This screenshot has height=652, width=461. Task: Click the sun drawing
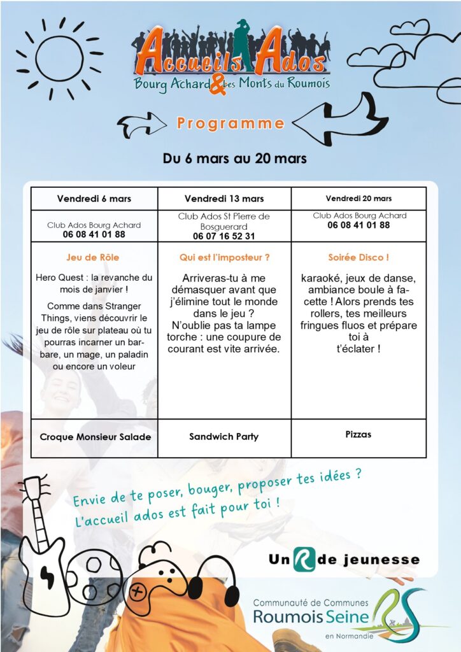(x=59, y=59)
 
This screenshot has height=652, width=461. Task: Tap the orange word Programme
(x=230, y=123)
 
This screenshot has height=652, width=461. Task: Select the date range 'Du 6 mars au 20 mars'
(x=234, y=159)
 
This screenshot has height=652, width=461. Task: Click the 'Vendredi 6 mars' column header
(x=94, y=199)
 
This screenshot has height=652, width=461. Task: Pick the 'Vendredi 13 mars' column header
(x=224, y=199)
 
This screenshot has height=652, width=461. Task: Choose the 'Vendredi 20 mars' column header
(x=358, y=199)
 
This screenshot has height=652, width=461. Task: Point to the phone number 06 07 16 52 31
(x=224, y=236)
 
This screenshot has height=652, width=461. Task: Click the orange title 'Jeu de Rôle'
(x=93, y=258)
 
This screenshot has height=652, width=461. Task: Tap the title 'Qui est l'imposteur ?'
(x=224, y=258)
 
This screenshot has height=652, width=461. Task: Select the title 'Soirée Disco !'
(x=358, y=258)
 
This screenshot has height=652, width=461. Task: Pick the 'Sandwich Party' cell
(x=224, y=437)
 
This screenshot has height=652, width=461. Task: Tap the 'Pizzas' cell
(x=358, y=434)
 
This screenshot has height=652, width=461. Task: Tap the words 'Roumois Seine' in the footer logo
(x=311, y=616)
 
